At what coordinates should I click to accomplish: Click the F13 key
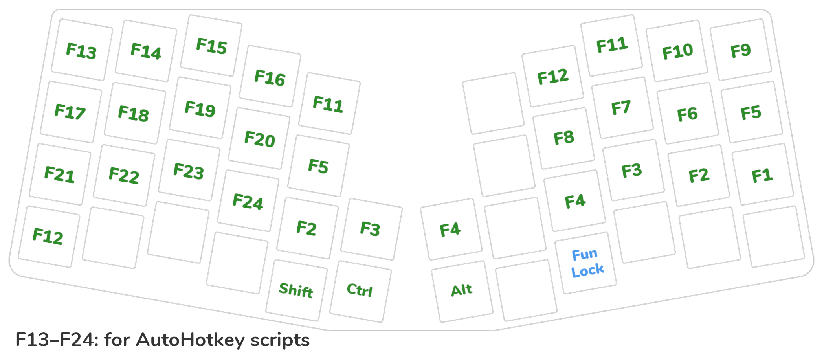(82, 50)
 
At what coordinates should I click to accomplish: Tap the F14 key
(146, 51)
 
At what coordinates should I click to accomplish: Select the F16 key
(270, 77)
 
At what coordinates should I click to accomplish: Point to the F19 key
(200, 108)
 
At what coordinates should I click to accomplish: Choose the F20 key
(259, 139)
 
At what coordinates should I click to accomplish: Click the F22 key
(124, 175)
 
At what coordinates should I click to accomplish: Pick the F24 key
(248, 201)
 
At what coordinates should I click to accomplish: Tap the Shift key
(296, 290)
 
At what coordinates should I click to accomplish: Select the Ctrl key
(360, 290)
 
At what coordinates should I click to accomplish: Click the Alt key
(462, 291)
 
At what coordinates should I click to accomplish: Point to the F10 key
(677, 51)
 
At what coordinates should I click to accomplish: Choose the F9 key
(741, 50)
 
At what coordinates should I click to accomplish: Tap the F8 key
(564, 138)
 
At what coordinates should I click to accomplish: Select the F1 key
(762, 175)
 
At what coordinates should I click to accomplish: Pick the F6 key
(688, 114)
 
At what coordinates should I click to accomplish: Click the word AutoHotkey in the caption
(190, 340)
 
